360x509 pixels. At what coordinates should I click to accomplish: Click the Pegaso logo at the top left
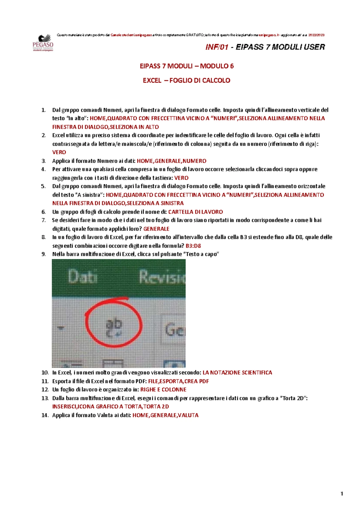(43, 43)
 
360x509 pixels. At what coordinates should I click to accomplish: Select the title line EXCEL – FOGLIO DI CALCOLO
(186, 80)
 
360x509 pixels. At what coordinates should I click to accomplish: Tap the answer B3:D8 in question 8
(193, 246)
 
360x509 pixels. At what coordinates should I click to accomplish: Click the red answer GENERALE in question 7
(156, 229)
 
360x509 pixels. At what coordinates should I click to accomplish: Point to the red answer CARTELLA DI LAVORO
(195, 212)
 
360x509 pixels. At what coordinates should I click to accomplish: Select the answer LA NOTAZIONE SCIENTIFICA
(237, 373)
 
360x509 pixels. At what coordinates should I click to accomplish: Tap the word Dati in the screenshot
(82, 276)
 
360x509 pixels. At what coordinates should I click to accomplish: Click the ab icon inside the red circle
(114, 327)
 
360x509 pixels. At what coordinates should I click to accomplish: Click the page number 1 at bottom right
(342, 494)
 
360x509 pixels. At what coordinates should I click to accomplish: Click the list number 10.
(45, 373)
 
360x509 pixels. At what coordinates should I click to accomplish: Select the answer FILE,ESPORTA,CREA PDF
(178, 381)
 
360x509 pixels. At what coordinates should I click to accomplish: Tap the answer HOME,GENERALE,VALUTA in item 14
(165, 415)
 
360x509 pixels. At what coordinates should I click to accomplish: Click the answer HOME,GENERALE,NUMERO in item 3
(171, 161)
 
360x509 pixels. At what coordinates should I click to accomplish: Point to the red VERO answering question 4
(181, 178)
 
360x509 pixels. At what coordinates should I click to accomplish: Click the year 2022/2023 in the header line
(316, 35)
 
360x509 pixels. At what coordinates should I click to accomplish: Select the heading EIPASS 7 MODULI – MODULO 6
(187, 66)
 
